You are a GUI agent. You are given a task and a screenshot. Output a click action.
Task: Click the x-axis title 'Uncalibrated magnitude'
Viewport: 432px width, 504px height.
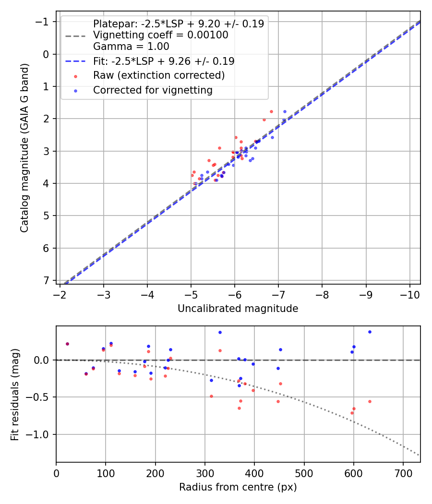[x=238, y=309]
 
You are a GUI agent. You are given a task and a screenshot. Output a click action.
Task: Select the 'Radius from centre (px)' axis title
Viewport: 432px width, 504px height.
[x=238, y=487]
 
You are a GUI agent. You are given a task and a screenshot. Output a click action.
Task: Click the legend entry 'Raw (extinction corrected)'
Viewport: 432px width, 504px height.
[x=158, y=75]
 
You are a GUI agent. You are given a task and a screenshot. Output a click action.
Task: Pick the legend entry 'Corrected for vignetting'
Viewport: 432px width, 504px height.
[x=152, y=90]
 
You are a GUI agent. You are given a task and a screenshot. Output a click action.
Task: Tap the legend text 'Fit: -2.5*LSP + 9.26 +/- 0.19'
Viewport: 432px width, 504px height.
[x=163, y=61]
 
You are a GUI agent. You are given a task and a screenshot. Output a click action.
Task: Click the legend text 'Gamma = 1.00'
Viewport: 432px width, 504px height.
[x=131, y=47]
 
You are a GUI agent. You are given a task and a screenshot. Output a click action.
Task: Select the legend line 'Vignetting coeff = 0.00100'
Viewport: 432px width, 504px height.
[x=160, y=35]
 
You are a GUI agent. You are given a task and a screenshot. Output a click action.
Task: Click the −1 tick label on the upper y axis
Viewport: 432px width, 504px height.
[x=44, y=22]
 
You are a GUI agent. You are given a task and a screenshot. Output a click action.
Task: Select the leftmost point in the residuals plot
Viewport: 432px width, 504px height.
[x=67, y=344]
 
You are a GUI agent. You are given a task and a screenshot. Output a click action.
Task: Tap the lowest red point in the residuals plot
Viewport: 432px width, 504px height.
[x=352, y=413]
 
